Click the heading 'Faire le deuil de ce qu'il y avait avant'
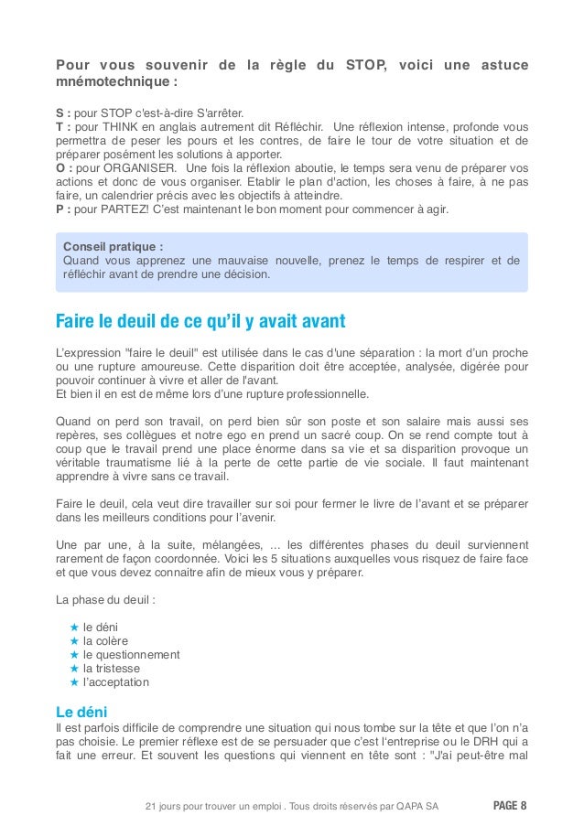coord(200,321)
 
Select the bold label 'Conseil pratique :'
coord(113,246)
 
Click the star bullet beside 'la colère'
coord(74,640)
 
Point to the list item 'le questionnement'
coord(131,654)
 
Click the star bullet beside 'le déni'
coord(74,627)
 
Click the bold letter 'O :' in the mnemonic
coord(64,169)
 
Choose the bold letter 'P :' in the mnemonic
coord(63,209)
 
